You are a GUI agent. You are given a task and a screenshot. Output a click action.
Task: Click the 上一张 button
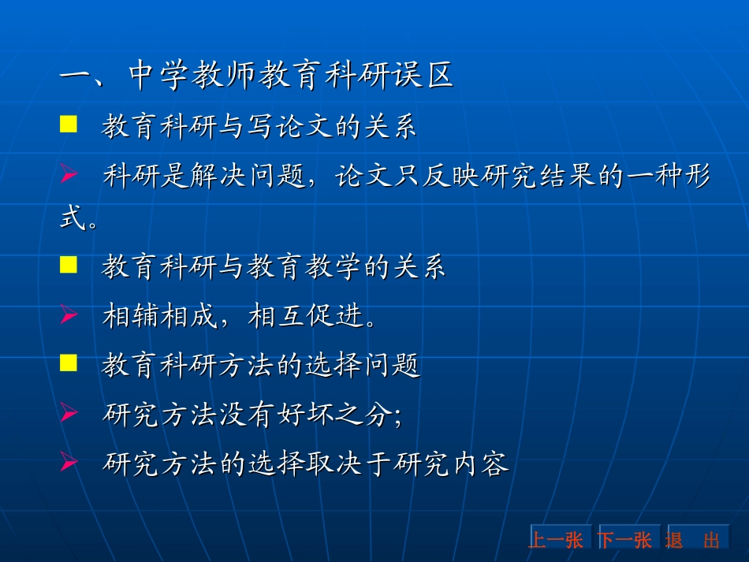tap(556, 540)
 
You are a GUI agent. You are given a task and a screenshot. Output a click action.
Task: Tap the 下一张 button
tap(625, 540)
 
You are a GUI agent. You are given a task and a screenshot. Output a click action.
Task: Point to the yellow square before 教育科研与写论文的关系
tap(69, 124)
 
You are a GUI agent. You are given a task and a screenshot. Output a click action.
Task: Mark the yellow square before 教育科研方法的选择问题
tap(69, 363)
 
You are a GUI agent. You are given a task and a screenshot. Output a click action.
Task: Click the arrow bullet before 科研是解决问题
tap(69, 173)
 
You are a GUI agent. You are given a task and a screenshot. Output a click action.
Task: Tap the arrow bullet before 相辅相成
tap(69, 314)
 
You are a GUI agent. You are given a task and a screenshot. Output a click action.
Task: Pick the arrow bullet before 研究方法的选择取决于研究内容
tap(69, 463)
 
